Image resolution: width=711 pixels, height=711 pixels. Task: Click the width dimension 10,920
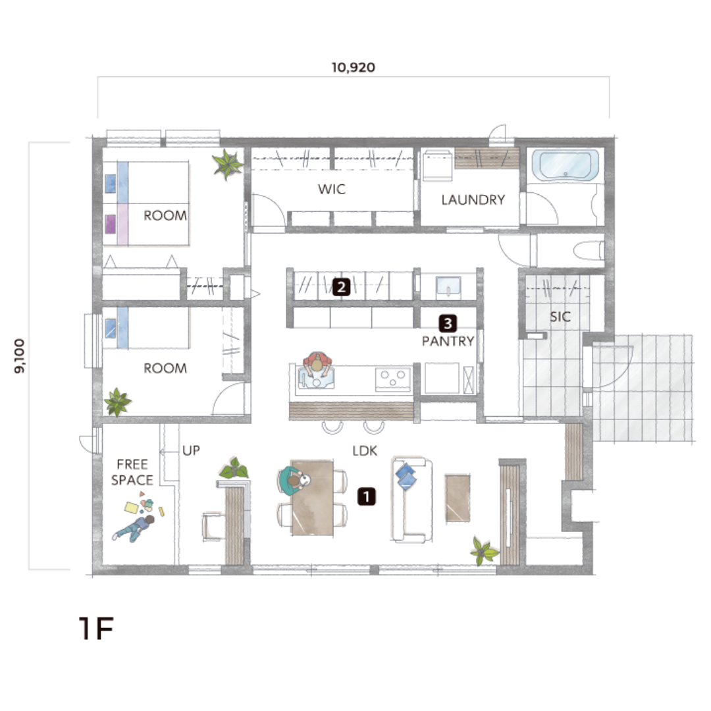(354, 68)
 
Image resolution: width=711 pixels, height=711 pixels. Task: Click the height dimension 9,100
(20, 356)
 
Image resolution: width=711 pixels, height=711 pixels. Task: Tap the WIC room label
(331, 189)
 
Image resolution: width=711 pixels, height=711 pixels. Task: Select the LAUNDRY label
(473, 199)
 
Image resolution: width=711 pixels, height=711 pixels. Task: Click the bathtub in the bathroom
(565, 165)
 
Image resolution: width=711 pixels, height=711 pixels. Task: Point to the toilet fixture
(589, 250)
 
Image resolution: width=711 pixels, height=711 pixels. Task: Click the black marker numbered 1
(367, 496)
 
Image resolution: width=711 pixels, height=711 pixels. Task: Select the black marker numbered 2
(341, 286)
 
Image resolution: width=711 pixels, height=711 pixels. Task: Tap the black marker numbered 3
(448, 323)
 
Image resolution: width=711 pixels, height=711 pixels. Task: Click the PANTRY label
(448, 341)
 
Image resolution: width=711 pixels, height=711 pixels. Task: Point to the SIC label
(560, 317)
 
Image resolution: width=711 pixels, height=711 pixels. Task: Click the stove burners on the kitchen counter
(392, 380)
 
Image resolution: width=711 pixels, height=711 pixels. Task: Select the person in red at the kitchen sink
(317, 365)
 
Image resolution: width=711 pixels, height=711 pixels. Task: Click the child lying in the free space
(134, 528)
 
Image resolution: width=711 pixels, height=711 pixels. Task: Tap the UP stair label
(191, 450)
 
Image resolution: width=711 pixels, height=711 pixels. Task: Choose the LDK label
(365, 451)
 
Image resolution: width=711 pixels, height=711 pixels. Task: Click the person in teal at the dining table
(292, 481)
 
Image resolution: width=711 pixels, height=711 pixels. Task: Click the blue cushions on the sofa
(406, 476)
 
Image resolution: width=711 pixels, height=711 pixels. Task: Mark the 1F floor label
(96, 628)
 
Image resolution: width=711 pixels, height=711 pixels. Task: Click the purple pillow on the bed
(110, 224)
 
